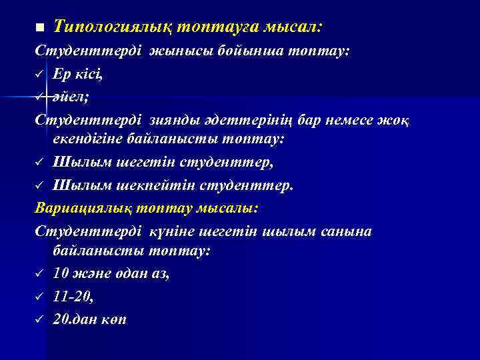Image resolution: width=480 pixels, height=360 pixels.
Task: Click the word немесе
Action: (x=353, y=120)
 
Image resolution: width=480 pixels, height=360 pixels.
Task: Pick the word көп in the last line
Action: (x=114, y=319)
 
